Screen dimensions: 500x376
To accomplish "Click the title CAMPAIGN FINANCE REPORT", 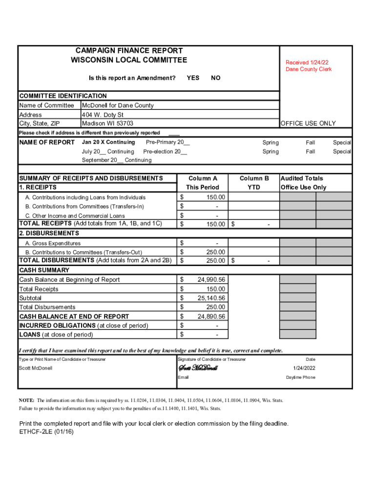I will (129, 51).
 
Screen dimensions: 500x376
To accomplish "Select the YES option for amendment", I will (193, 78).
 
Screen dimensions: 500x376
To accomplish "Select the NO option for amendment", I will (215, 78).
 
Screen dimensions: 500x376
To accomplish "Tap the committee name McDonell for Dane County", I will (118, 105).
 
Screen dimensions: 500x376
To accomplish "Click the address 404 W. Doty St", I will (103, 115).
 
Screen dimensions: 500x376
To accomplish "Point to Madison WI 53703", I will (107, 124).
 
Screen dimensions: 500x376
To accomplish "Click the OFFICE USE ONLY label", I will (308, 124).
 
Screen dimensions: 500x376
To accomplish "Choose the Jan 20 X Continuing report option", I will (108, 142).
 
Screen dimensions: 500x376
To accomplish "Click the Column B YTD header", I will (254, 183).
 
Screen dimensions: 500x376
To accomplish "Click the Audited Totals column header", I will (302, 179).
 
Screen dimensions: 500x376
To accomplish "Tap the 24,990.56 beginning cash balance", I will (211, 280).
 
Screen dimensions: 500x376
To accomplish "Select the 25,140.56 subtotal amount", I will (211, 298).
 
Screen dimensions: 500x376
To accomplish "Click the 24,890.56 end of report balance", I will (211, 316).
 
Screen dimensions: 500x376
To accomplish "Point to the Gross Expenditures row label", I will (53, 243).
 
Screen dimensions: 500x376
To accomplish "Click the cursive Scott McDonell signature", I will (198, 368).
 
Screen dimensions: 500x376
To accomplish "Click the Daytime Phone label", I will (300, 377).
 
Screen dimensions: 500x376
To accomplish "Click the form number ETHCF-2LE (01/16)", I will (46, 432).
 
